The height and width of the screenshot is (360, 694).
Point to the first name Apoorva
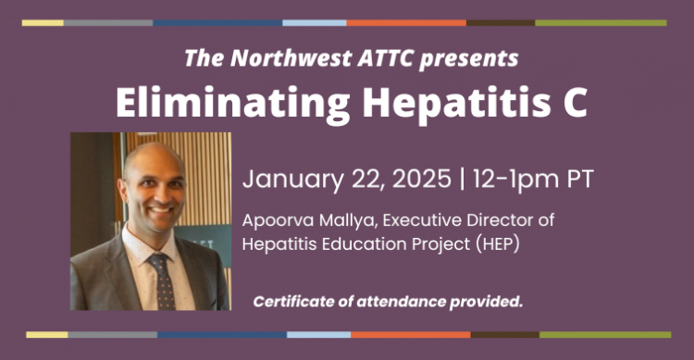point(275,223)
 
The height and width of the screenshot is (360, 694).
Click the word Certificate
point(295,302)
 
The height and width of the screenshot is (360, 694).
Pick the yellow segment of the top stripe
point(43,22)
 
